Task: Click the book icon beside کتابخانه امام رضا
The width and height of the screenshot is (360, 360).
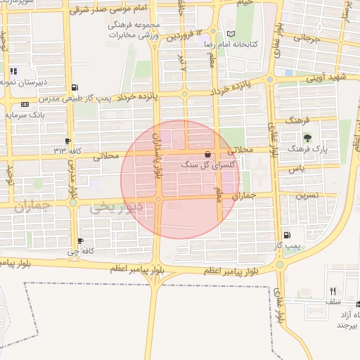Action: (x=231, y=34)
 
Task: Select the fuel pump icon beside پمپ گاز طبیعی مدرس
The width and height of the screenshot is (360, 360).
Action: (x=75, y=87)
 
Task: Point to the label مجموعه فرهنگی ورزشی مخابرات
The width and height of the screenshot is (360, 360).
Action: (x=134, y=29)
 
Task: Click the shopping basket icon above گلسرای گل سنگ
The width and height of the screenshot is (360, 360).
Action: (x=207, y=153)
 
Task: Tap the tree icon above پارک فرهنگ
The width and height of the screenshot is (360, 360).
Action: (x=307, y=137)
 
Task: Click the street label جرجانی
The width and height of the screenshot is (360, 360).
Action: (x=308, y=40)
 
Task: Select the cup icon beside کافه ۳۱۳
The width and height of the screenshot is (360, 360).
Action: (x=67, y=141)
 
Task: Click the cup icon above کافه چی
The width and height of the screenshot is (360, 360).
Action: (x=81, y=240)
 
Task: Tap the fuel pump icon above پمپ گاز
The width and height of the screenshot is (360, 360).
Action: (x=287, y=236)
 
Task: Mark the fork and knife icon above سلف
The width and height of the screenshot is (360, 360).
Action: (x=333, y=290)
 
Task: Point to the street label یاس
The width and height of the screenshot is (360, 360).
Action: (x=295, y=169)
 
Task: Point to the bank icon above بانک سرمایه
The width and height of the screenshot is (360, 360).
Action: (x=25, y=104)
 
